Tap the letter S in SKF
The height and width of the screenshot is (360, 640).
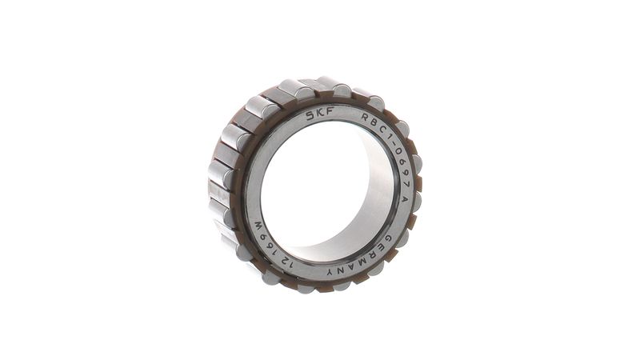pos(311,116)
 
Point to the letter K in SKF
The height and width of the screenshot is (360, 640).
pos(321,114)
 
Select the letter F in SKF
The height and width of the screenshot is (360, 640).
pos(330,112)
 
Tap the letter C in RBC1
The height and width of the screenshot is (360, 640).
pos(382,130)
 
